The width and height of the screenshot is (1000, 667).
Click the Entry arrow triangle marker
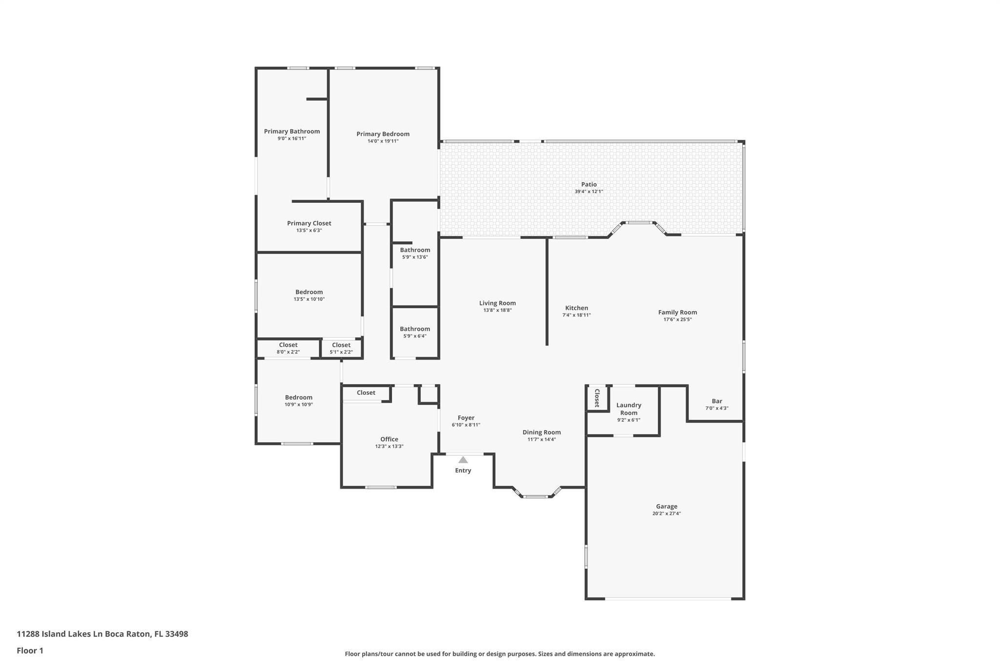pyautogui.click(x=463, y=460)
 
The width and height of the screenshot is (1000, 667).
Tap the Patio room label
pyautogui.click(x=589, y=184)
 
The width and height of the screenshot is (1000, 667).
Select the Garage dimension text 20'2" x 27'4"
pyautogui.click(x=667, y=514)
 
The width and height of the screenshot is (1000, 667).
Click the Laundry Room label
pyautogui.click(x=629, y=409)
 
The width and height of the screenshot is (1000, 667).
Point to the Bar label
pyautogui.click(x=717, y=401)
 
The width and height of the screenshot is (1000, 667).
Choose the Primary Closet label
pyautogui.click(x=309, y=223)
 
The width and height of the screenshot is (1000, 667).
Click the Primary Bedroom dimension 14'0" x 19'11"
pyautogui.click(x=383, y=141)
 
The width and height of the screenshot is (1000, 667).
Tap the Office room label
pyautogui.click(x=389, y=439)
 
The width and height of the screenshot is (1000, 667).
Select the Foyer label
pyautogui.click(x=466, y=418)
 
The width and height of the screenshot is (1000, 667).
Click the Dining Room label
pyautogui.click(x=542, y=432)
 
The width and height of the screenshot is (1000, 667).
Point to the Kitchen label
pyautogui.click(x=577, y=308)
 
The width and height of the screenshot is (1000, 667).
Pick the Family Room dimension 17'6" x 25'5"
pyautogui.click(x=678, y=320)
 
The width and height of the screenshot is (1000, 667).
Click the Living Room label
pyautogui.click(x=498, y=303)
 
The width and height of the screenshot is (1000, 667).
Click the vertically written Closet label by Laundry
pyautogui.click(x=597, y=398)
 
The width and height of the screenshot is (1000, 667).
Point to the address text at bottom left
pyautogui.click(x=103, y=634)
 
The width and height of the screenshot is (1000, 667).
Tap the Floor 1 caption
pyautogui.click(x=30, y=650)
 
